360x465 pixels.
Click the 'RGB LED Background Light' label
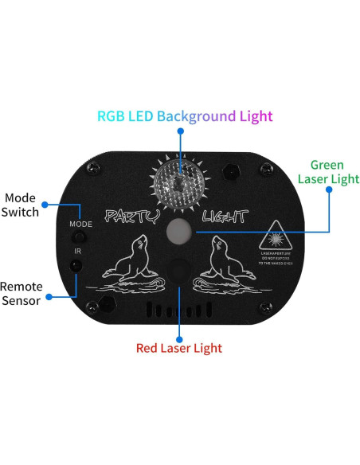click(184, 115)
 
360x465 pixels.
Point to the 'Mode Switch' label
click(21, 205)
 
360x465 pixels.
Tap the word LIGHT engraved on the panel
click(225, 217)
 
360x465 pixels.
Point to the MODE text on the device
click(80, 225)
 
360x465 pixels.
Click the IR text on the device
click(78, 252)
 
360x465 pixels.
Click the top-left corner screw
click(92, 168)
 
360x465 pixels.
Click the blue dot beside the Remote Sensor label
click(49, 296)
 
